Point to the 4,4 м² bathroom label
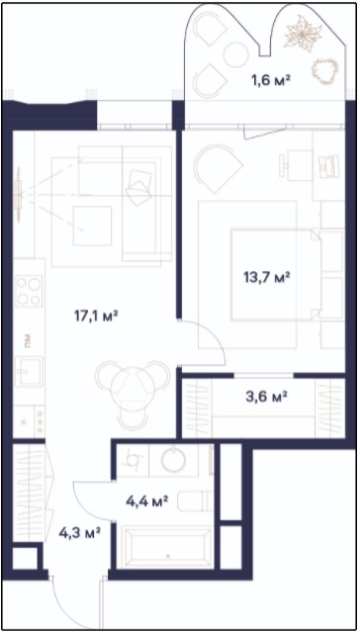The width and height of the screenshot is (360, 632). click(x=146, y=501)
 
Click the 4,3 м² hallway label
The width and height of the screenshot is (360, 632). click(x=79, y=533)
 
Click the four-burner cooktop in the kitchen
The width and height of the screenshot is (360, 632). click(x=29, y=291)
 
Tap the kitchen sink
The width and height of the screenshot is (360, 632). click(x=29, y=371)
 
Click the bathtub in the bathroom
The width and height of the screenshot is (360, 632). click(x=168, y=547)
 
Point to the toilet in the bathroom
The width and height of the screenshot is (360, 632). click(x=195, y=500)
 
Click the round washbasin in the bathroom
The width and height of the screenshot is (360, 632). click(x=174, y=460)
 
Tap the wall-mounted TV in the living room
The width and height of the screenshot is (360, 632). click(x=18, y=195)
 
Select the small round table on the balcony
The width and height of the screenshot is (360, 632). click(x=235, y=54)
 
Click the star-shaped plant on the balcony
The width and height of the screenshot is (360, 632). click(x=304, y=34)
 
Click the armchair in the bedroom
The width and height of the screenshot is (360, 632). click(x=217, y=164)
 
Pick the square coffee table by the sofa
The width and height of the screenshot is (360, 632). click(x=92, y=226)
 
